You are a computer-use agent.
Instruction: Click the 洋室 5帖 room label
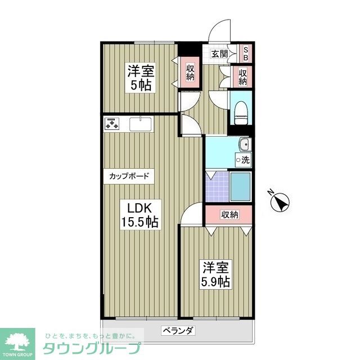141,78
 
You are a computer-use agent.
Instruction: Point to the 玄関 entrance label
219,54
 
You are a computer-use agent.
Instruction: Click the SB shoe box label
246,53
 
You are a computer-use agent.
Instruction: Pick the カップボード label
129,176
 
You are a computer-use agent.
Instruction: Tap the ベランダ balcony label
178,330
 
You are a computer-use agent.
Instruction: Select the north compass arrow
280,201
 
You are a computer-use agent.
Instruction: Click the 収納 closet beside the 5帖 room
190,73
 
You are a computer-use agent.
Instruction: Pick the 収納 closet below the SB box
242,76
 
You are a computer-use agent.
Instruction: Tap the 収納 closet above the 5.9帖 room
229,214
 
